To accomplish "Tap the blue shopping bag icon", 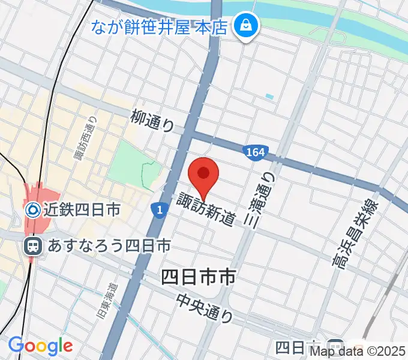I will point(246,26).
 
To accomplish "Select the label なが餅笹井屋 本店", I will point(159,26).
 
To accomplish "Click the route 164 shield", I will point(254,152).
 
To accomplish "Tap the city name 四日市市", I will point(197,277).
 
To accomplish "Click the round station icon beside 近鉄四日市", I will point(33,209).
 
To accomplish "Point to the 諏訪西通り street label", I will point(85,139).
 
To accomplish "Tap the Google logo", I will point(40,346).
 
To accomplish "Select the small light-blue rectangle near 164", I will point(268,96).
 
